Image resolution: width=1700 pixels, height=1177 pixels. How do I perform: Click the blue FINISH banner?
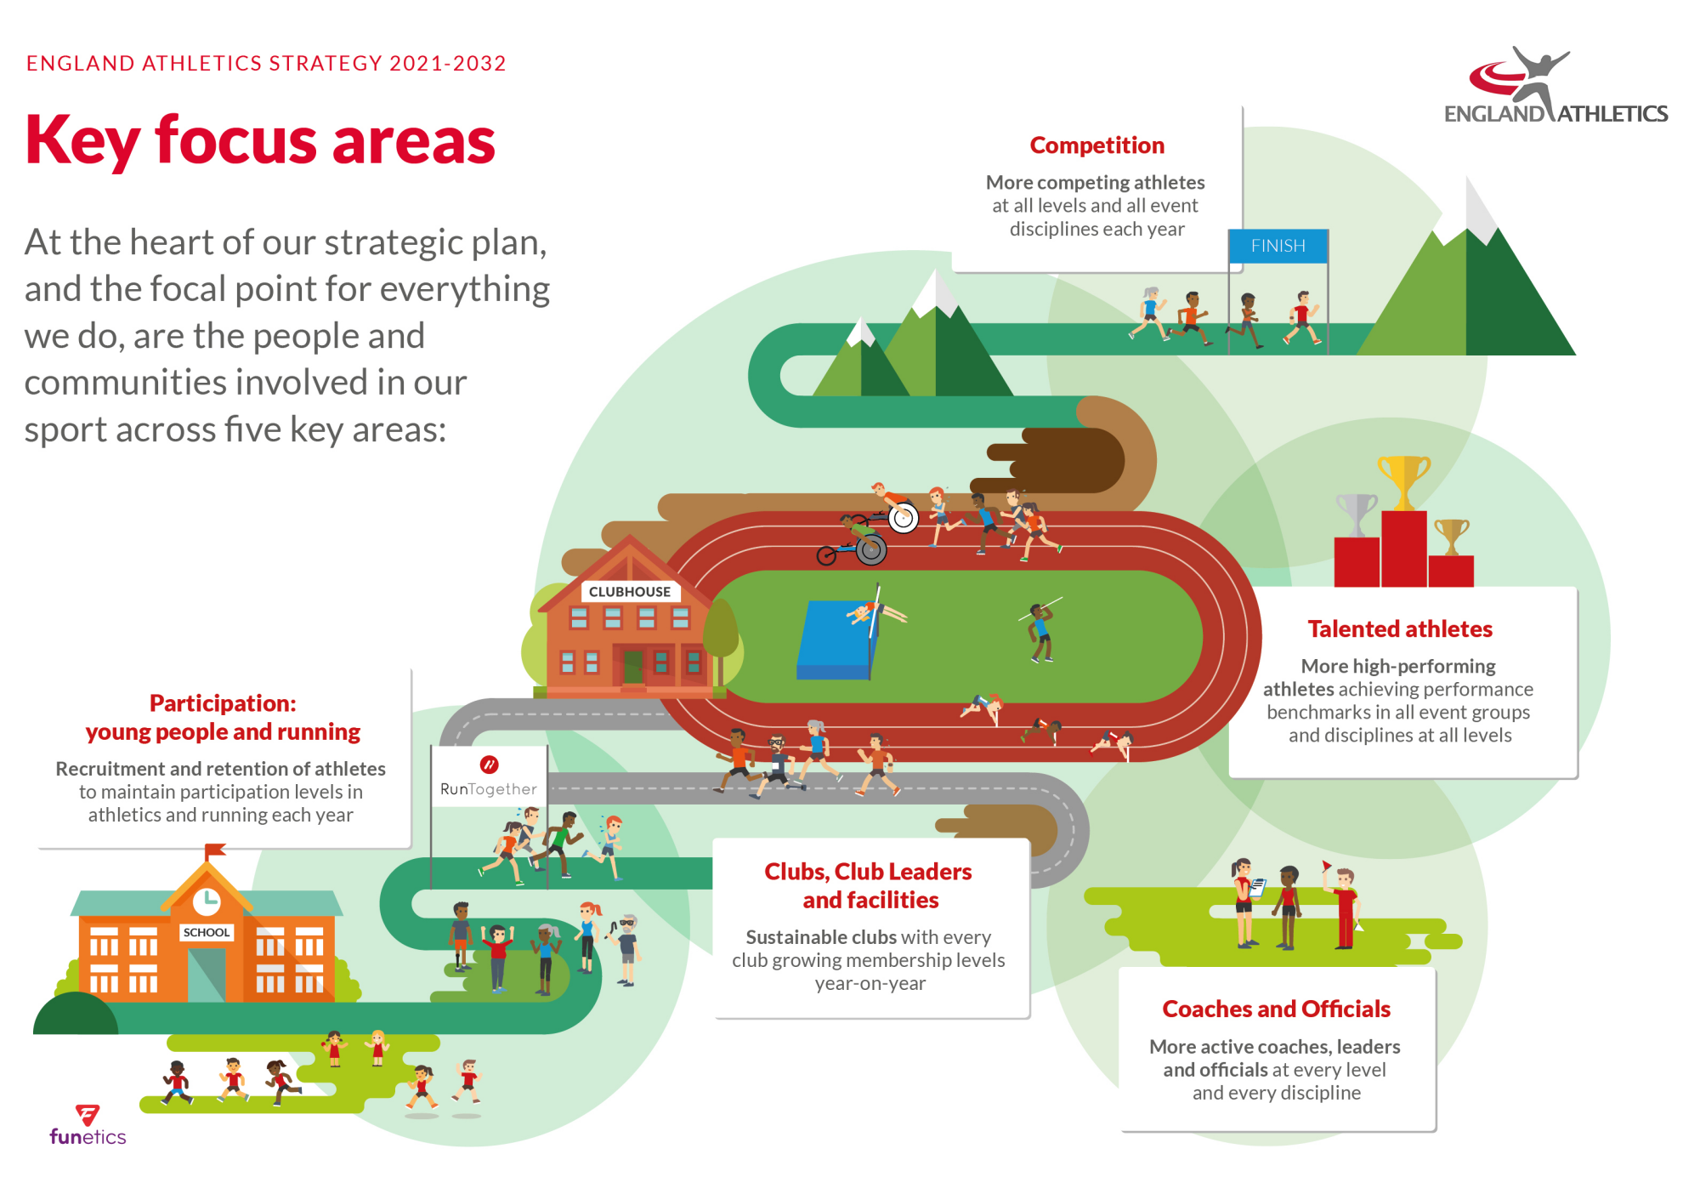point(1278,246)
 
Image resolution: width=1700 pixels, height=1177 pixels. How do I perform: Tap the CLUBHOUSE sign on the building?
point(630,592)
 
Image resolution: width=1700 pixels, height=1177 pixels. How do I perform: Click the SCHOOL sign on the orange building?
point(207,932)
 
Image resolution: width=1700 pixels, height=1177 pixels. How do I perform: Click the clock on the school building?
point(207,900)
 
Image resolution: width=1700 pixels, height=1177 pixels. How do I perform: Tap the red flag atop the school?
point(215,850)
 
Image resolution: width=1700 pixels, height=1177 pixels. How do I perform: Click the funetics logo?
point(88,1125)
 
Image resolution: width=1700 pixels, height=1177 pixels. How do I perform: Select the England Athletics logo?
point(1555,86)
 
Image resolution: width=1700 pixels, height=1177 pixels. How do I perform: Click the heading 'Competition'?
point(1096,145)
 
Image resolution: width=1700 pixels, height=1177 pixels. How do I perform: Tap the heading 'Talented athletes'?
point(1400,629)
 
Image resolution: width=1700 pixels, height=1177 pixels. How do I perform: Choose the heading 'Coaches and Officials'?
point(1276,1009)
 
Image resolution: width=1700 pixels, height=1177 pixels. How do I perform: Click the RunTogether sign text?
point(489,789)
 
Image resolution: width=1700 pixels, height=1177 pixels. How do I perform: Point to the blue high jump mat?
point(837,640)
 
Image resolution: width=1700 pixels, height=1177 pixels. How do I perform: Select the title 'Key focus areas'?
point(260,142)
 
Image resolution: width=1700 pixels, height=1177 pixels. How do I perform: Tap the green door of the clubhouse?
point(633,668)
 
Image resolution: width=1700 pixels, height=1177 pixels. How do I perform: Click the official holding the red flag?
point(1343,907)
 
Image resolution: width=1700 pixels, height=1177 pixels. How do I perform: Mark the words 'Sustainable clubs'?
point(820,937)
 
